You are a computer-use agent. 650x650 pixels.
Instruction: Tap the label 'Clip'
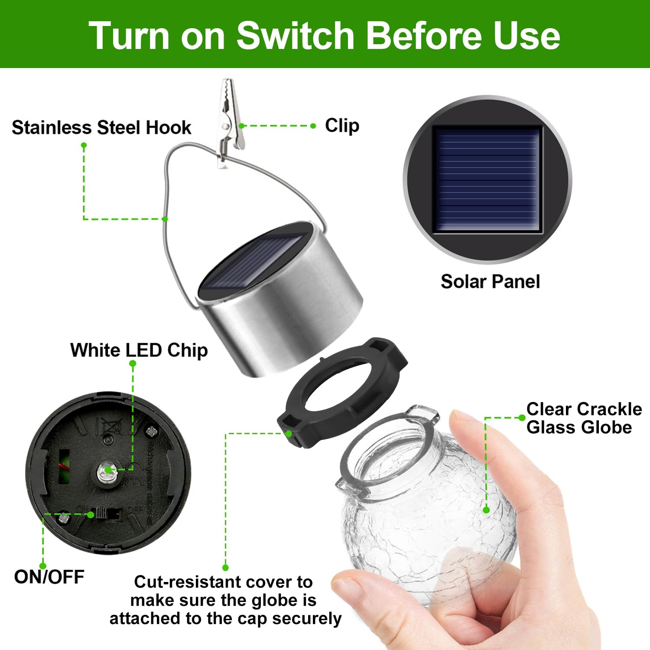342,126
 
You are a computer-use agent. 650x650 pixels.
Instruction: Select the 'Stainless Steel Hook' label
101,127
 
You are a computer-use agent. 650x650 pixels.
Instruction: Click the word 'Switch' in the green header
296,36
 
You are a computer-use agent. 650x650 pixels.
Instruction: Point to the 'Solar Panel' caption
490,282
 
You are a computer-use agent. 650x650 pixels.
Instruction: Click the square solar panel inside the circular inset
487,179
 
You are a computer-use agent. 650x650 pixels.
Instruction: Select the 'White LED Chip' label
139,350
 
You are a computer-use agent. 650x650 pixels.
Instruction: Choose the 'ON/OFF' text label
49,577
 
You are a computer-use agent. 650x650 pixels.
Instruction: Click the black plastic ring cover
342,392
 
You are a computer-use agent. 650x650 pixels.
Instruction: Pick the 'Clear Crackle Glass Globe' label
583,418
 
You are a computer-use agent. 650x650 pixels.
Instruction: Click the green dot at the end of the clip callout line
313,126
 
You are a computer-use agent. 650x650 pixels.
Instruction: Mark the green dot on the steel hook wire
165,219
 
